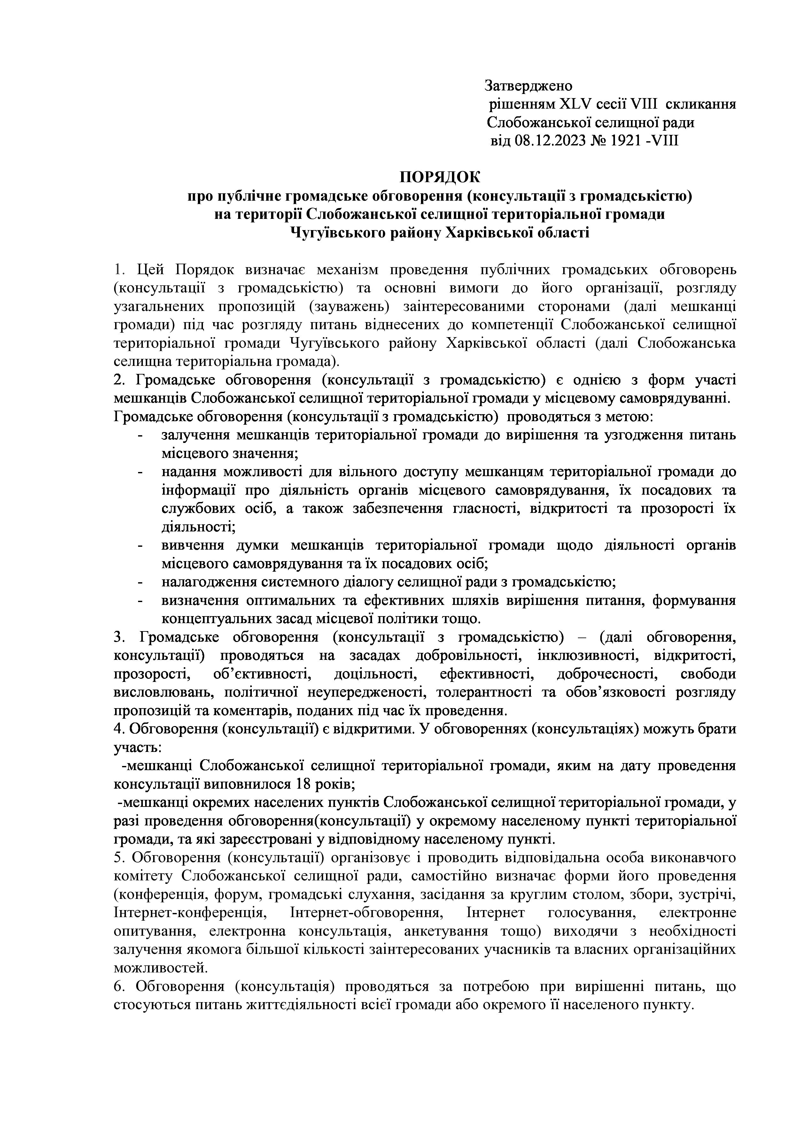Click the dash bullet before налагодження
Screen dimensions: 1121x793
pyautogui.click(x=141, y=583)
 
